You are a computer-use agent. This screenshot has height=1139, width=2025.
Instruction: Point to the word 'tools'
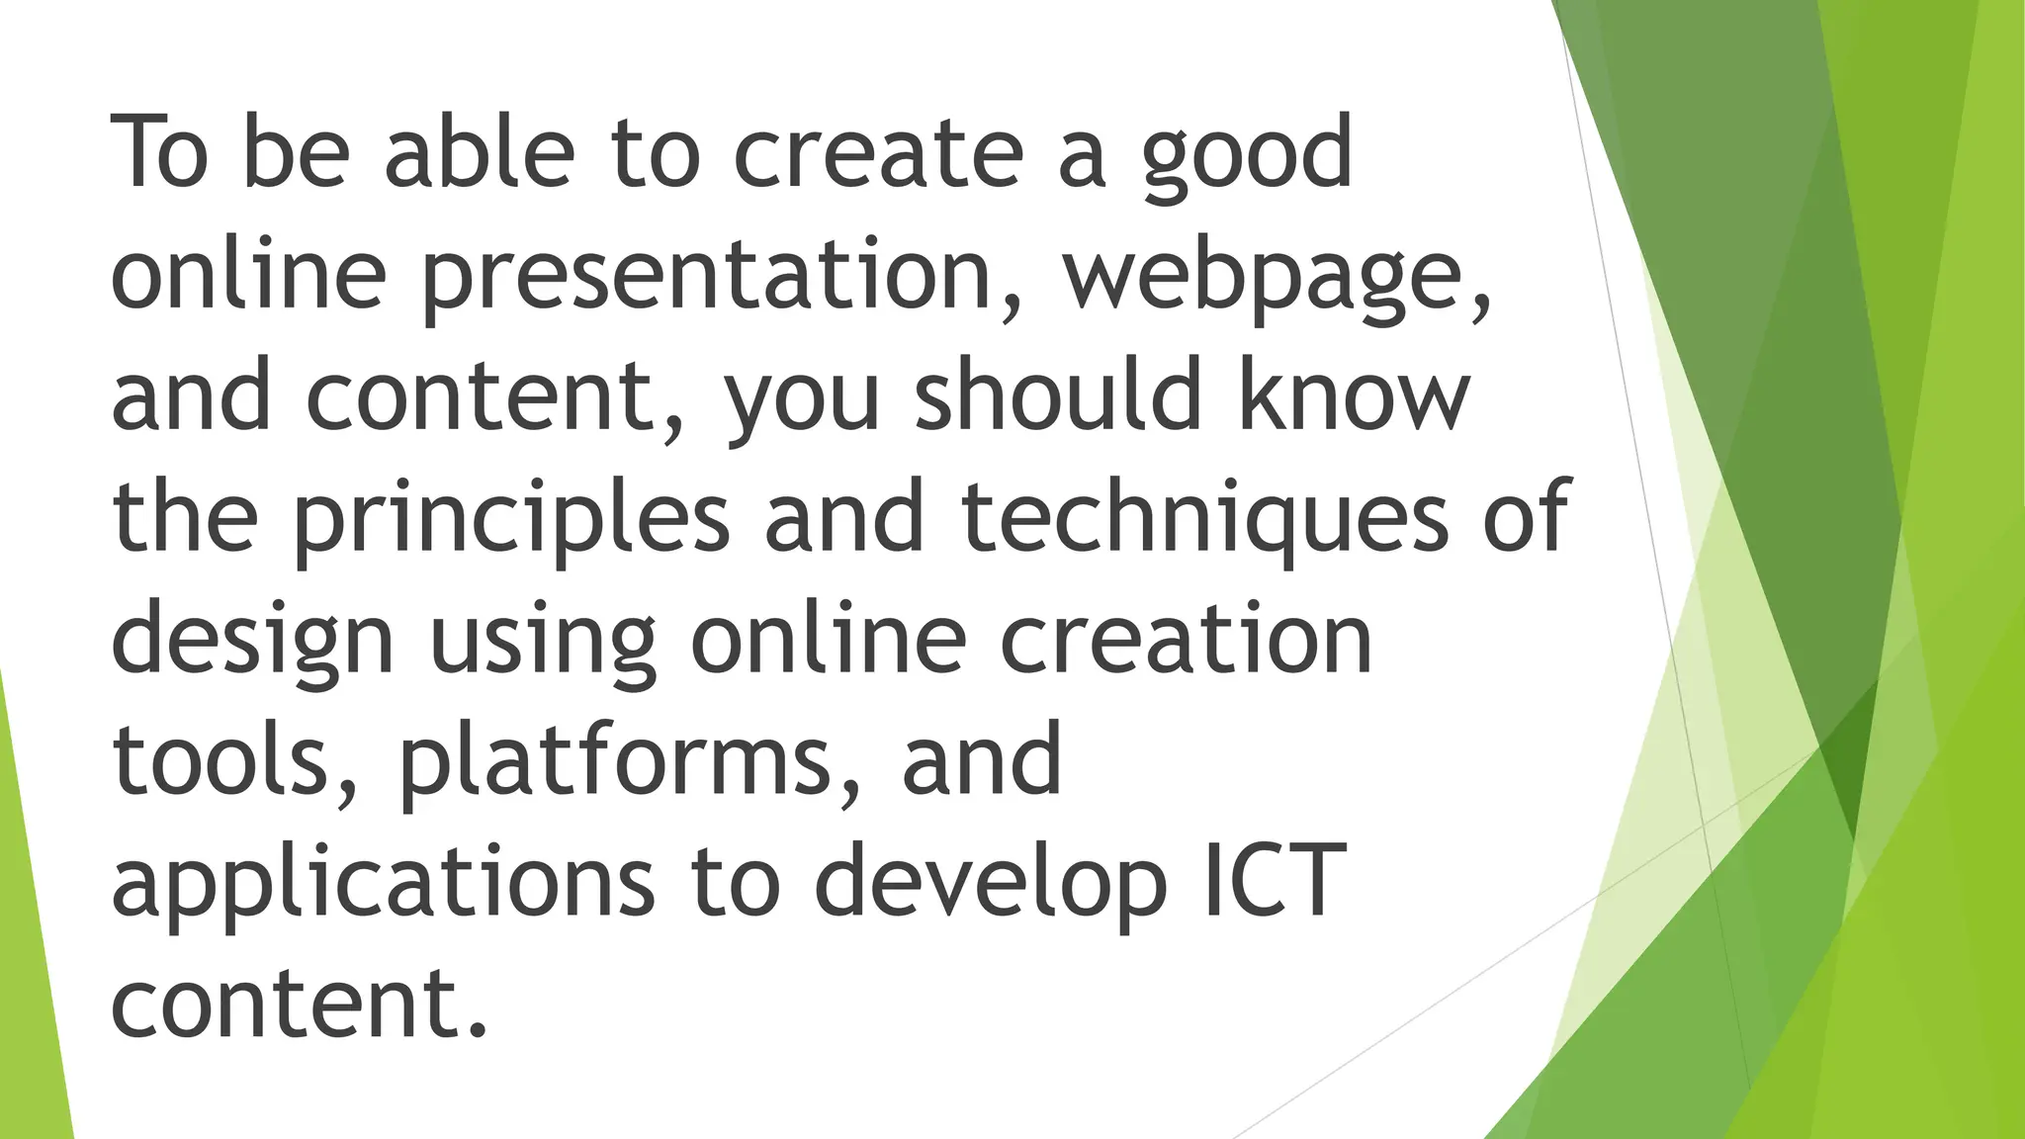tap(222, 759)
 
